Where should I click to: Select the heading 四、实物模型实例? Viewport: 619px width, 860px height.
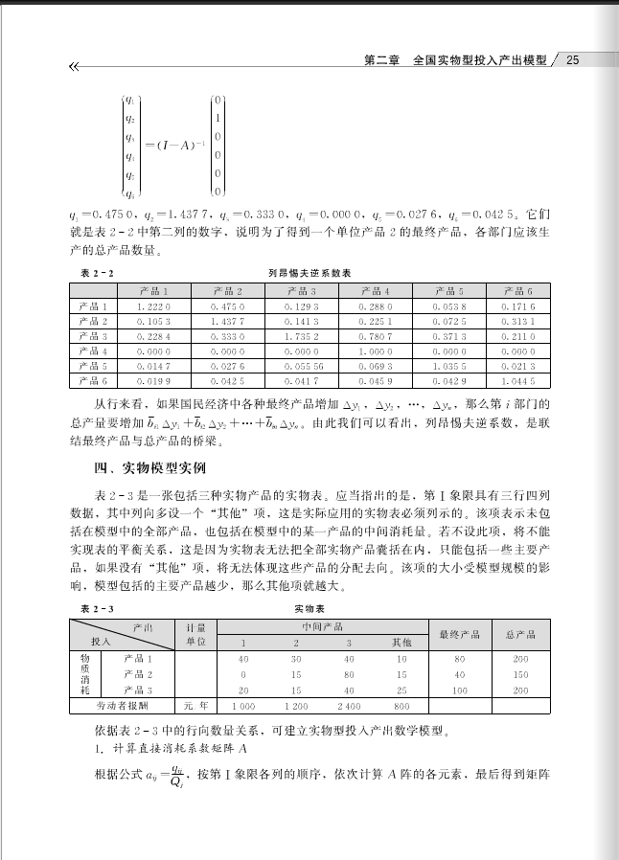click(143, 468)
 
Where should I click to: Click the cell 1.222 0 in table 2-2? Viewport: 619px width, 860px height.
click(154, 306)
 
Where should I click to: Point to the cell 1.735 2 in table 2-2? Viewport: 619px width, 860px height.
click(302, 336)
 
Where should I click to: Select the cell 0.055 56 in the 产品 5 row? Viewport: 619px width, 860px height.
click(302, 366)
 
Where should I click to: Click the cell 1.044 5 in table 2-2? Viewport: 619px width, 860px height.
click(524, 381)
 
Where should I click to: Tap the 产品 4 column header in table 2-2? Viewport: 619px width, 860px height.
click(376, 290)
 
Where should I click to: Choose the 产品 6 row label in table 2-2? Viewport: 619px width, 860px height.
click(93, 381)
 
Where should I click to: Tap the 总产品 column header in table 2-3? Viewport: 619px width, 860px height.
click(520, 634)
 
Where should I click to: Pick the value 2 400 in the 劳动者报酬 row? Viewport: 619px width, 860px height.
click(349, 705)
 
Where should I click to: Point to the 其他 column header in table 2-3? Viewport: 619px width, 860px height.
click(401, 642)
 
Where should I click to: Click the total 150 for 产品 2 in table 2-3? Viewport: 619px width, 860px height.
click(520, 674)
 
